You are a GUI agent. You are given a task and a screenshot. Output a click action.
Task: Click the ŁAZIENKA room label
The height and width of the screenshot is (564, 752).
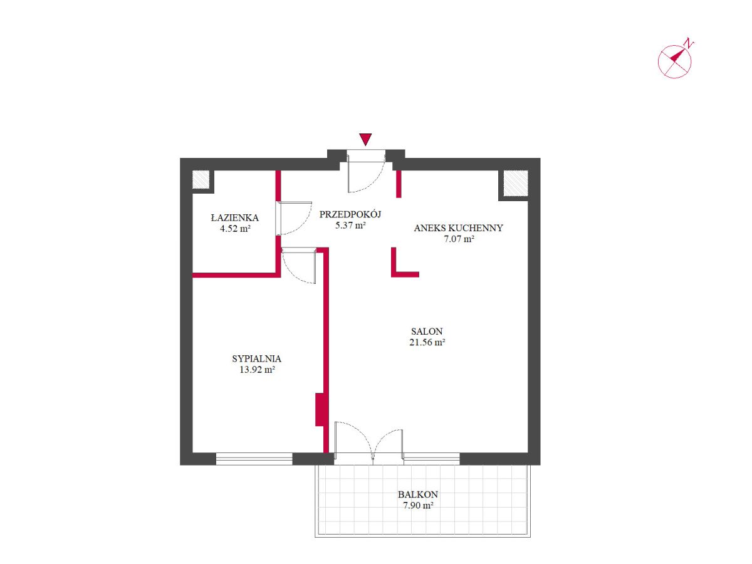pyautogui.click(x=234, y=218)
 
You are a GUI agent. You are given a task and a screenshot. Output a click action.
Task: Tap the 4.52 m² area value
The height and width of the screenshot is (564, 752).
pyautogui.click(x=235, y=229)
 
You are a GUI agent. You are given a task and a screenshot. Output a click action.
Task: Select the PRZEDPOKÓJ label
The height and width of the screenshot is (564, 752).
pyautogui.click(x=350, y=214)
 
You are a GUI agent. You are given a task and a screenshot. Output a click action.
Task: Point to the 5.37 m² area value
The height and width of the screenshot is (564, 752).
pyautogui.click(x=350, y=226)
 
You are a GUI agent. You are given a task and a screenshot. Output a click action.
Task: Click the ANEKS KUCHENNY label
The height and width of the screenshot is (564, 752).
pyautogui.click(x=458, y=228)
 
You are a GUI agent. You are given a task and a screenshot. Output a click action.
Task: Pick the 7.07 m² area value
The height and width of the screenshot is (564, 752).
pyautogui.click(x=459, y=239)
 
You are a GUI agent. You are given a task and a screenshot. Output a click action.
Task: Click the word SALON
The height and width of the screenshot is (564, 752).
pyautogui.click(x=427, y=331)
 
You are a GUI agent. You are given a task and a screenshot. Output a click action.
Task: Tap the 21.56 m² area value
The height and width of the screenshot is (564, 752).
pyautogui.click(x=427, y=342)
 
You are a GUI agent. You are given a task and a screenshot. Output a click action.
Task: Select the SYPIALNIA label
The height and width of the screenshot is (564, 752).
pyautogui.click(x=256, y=358)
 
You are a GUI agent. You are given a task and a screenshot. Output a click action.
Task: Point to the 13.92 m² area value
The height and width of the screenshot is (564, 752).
pyautogui.click(x=257, y=370)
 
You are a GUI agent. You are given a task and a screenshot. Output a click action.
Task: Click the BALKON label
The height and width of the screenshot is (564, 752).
pyautogui.click(x=418, y=494)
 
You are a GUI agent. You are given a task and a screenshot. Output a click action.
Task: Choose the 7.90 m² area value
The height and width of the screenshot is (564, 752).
pyautogui.click(x=419, y=506)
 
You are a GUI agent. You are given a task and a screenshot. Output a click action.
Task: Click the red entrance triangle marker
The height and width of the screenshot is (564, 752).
pyautogui.click(x=365, y=138)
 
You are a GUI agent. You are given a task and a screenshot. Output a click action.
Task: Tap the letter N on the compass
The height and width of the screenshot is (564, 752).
pyautogui.click(x=688, y=44)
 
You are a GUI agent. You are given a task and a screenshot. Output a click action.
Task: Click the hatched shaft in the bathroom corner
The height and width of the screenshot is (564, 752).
pyautogui.click(x=201, y=179)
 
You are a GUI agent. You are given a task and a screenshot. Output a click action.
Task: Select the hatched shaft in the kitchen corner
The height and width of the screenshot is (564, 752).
pyautogui.click(x=515, y=183)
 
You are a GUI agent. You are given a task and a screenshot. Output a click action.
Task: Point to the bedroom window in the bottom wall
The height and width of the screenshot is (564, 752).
pyautogui.click(x=254, y=459)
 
